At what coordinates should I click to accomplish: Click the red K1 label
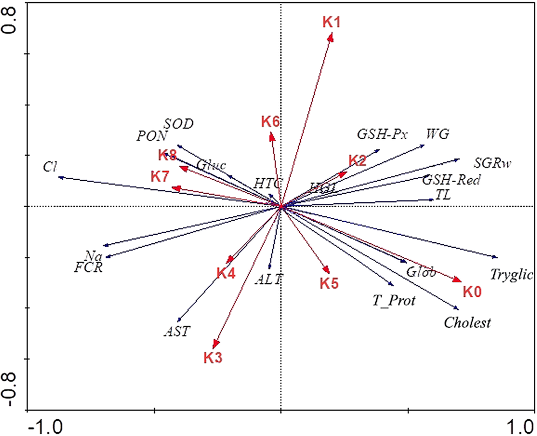pyautogui.click(x=332, y=22)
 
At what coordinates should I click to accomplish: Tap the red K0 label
pyautogui.click(x=472, y=292)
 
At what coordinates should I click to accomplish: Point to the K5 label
pyautogui.click(x=329, y=283)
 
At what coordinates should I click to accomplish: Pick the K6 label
pyautogui.click(x=270, y=121)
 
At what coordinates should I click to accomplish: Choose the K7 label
pyautogui.click(x=160, y=176)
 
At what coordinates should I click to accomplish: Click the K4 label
pyautogui.click(x=226, y=273)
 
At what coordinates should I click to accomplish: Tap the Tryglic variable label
pyautogui.click(x=512, y=275)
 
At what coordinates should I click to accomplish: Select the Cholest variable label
pyautogui.click(x=467, y=323)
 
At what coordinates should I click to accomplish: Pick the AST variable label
pyautogui.click(x=177, y=331)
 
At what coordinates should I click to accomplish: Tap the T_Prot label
pyautogui.click(x=394, y=300)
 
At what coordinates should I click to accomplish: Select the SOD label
pyautogui.click(x=178, y=124)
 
